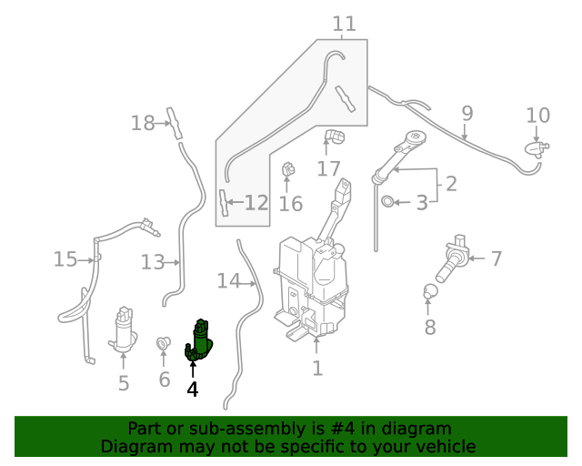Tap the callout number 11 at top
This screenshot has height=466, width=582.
coord(344,24)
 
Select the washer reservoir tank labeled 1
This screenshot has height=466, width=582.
coord(312,286)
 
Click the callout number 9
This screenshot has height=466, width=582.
coord(467,114)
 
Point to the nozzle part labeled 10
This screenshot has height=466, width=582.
coord(536,148)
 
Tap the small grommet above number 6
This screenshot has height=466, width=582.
coord(164,344)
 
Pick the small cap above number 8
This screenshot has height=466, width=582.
coord(430,292)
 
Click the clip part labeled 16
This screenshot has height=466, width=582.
coord(289,169)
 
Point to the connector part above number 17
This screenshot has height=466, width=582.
coord(334,138)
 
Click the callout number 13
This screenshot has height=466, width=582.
coord(152,263)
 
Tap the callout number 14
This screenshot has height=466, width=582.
coord(228,281)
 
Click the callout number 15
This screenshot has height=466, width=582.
coord(65,259)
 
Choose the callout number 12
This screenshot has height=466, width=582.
coord(256,203)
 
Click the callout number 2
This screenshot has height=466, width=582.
coord(450,184)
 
